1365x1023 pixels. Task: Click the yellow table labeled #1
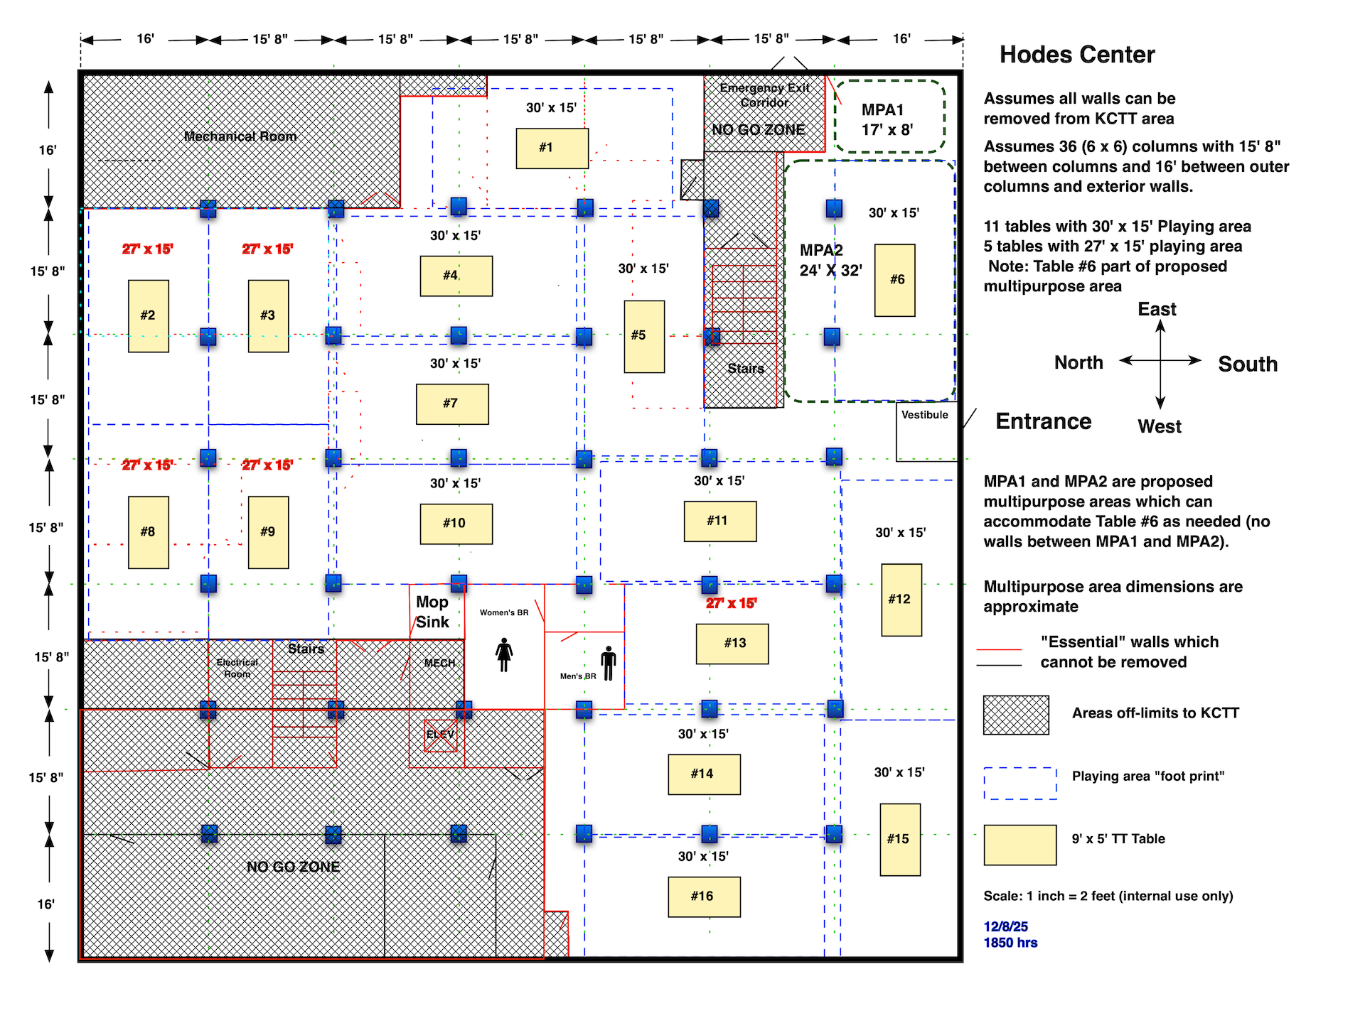coord(552,148)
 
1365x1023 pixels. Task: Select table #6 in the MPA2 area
coord(894,280)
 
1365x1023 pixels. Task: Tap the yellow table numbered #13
coord(732,644)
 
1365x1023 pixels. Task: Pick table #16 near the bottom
coord(704,897)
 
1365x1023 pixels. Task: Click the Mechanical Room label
coord(240,136)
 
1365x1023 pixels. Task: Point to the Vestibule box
coord(926,431)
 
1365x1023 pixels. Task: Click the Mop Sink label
coord(432,612)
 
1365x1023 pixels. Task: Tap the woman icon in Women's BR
coord(504,654)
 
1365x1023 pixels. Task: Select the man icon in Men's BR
coord(608,664)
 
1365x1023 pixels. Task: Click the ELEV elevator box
coord(440,735)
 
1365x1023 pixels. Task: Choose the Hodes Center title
coord(1076,55)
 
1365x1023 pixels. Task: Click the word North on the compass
coord(1078,362)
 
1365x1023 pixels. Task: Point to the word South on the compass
coord(1247,364)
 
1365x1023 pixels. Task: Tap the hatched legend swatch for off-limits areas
coord(1016,715)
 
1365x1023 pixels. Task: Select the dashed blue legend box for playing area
coord(1020,783)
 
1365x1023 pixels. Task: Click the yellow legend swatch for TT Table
coord(1020,845)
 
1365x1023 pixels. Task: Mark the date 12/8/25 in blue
coord(1005,926)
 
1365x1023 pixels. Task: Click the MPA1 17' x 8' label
coord(887,119)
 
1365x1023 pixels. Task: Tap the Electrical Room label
coord(237,668)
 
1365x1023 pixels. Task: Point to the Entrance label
coord(1043,421)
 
